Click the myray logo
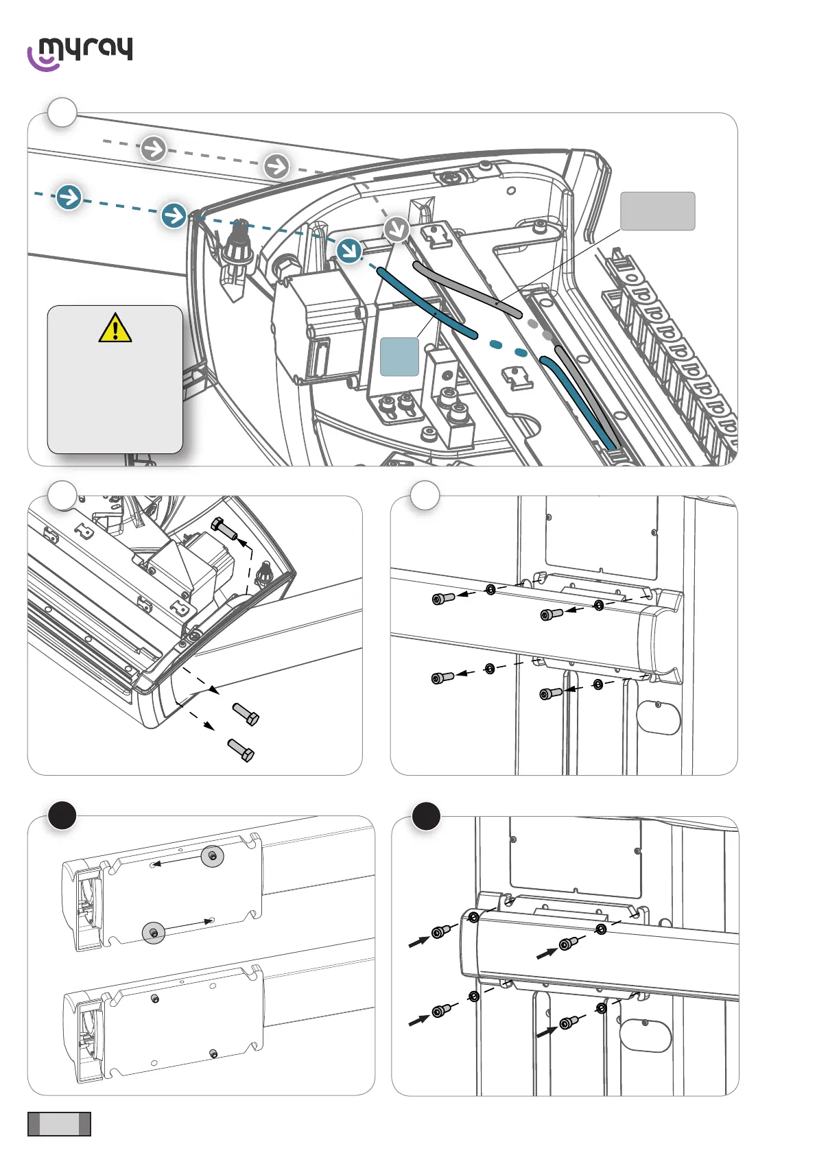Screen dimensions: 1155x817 click(x=80, y=52)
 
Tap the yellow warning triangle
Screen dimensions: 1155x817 click(x=115, y=328)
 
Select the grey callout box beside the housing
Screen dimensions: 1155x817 click(x=657, y=211)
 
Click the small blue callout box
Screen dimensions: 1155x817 click(x=399, y=357)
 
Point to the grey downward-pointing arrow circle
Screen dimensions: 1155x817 click(x=396, y=229)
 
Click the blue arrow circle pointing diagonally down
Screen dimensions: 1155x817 click(x=349, y=250)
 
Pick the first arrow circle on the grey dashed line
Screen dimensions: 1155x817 click(x=154, y=148)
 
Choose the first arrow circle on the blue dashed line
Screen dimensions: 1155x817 click(x=69, y=197)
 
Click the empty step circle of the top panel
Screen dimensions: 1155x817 click(x=62, y=112)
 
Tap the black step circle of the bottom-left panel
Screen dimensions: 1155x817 click(x=62, y=815)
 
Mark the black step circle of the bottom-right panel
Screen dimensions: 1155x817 click(x=426, y=815)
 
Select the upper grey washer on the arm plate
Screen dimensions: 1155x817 click(x=213, y=856)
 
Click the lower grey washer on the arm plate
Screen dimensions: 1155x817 click(x=154, y=933)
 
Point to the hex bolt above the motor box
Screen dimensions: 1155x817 click(x=225, y=529)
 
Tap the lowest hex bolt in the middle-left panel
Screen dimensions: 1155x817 click(x=241, y=750)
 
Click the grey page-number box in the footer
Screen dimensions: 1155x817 click(x=59, y=1124)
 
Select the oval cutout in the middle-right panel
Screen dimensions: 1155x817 click(x=658, y=717)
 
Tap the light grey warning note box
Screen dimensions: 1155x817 click(x=115, y=379)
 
